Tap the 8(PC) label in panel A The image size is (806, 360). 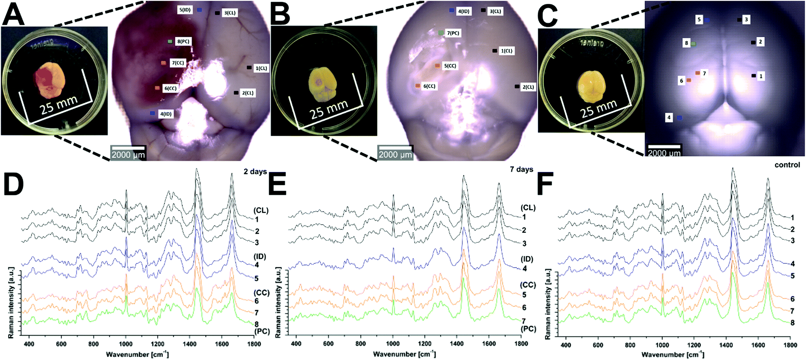coord(184,41)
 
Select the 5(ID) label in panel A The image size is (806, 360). coord(185,10)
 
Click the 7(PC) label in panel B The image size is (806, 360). coord(453,33)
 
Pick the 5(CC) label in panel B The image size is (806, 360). coord(450,66)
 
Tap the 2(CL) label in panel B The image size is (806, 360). coord(528,87)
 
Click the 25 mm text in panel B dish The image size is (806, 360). coord(328,109)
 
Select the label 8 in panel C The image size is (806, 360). coord(687,43)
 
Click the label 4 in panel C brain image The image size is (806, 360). coord(669,118)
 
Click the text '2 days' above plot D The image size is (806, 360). coord(255,172)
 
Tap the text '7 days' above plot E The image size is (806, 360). coord(521,169)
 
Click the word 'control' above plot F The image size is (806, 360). coord(787,165)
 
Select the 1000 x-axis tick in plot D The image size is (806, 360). coord(126,344)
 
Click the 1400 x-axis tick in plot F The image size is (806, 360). coord(726,345)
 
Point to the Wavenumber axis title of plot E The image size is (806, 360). coord(404,354)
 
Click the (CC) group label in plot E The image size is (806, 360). coord(528,285)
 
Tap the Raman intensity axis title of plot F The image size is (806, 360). coord(547,304)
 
